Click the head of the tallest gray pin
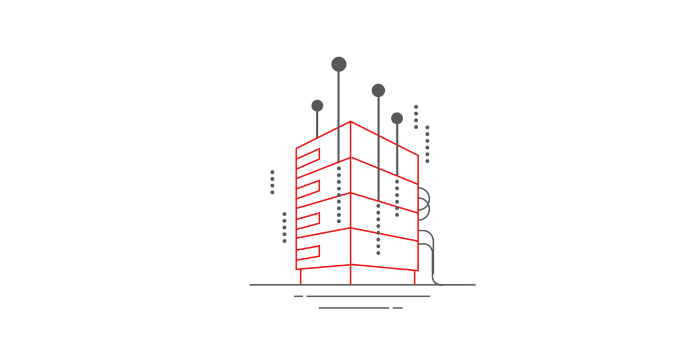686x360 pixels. (339, 64)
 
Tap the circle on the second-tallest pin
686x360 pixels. (378, 90)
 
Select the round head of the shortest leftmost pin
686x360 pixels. (317, 106)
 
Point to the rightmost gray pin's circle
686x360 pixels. (397, 118)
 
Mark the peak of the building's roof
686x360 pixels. (350, 121)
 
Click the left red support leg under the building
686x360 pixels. (301, 277)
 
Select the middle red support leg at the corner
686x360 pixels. (350, 275)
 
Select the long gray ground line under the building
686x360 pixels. (362, 285)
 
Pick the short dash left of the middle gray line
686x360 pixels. (298, 297)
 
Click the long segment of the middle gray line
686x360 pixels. (368, 297)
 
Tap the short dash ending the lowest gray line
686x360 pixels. (398, 308)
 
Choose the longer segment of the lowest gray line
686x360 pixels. (354, 308)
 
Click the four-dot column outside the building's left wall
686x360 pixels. (273, 182)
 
